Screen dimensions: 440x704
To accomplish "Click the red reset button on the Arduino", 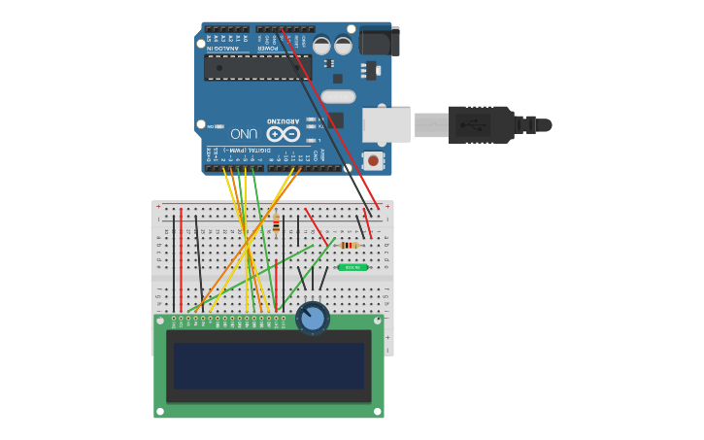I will pos(373,159).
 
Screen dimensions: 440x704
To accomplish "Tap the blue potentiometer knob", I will pos(313,318).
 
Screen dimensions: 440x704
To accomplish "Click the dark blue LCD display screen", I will pos(269,365).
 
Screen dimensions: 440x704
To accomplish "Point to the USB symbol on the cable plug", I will pos(479,124).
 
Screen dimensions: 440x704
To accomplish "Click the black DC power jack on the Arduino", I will pos(379,42).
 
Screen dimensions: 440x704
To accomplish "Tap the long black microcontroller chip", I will pos(258,67).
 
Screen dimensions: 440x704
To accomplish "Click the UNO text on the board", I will pos(244,133).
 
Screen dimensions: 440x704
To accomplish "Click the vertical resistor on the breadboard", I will pos(276,225).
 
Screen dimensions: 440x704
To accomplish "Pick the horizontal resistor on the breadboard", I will pos(350,245).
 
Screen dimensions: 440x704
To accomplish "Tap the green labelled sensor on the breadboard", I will pos(352,267).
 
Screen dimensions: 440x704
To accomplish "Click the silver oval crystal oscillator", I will pos(337,96).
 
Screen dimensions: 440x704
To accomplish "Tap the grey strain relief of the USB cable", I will pos(431,124).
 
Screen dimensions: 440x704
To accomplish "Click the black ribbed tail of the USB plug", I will pos(533,124).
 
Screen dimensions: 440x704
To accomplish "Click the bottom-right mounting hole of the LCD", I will pos(378,412).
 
